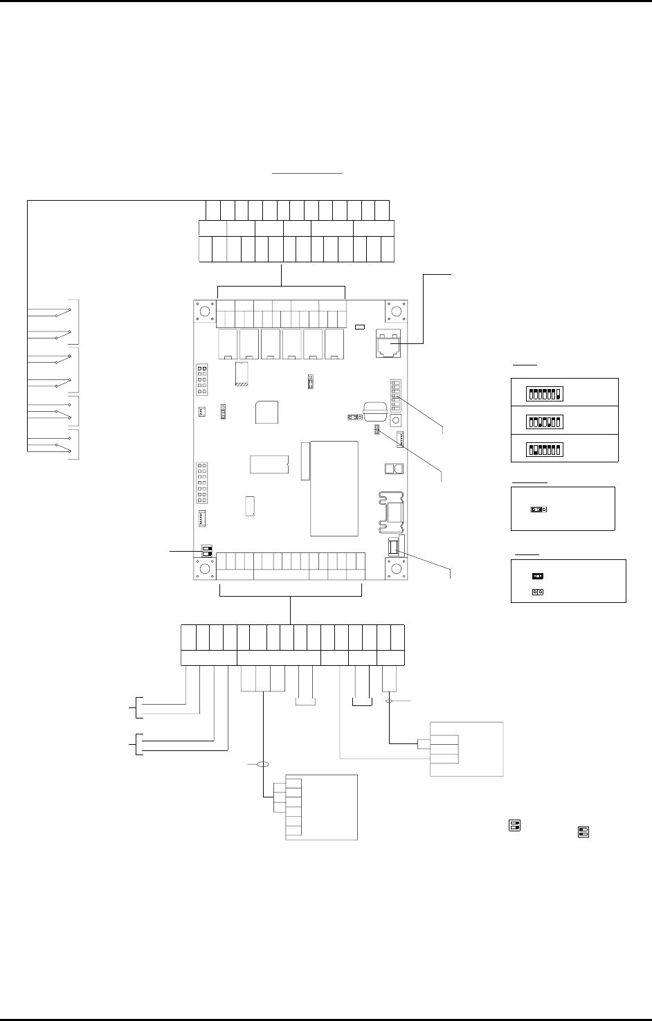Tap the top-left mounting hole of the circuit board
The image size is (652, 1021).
pyautogui.click(x=205, y=312)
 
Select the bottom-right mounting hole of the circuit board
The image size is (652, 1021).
pyautogui.click(x=397, y=569)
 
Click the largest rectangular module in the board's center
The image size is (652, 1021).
pyautogui.click(x=334, y=488)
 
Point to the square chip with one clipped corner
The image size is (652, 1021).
pyautogui.click(x=267, y=412)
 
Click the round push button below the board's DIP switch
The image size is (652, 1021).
pyautogui.click(x=397, y=421)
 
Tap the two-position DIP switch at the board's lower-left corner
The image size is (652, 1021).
pyautogui.click(x=206, y=550)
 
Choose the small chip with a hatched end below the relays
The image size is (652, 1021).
pyautogui.click(x=242, y=374)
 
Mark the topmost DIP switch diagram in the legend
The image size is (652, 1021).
pyautogui.click(x=543, y=394)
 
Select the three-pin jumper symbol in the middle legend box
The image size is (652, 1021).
pyautogui.click(x=538, y=509)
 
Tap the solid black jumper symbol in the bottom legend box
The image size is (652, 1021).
pyautogui.click(x=537, y=575)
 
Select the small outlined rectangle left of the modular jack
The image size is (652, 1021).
pyautogui.click(x=359, y=327)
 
